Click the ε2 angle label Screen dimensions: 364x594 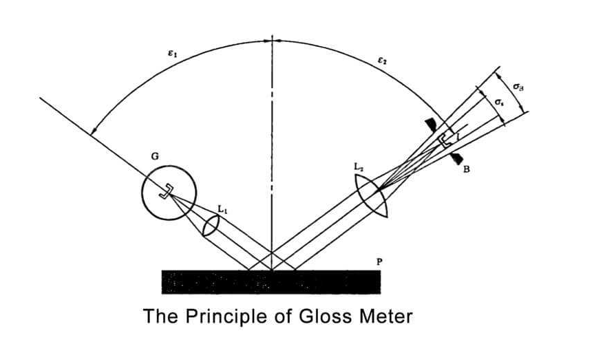pyautogui.click(x=381, y=61)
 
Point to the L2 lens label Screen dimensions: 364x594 pyautogui.click(x=357, y=169)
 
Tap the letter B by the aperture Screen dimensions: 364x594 pyautogui.click(x=467, y=170)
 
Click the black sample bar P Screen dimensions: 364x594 pyautogui.click(x=271, y=281)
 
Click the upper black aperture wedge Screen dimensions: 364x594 pyautogui.click(x=431, y=124)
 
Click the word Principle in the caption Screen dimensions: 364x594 pyautogui.click(x=218, y=317)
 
